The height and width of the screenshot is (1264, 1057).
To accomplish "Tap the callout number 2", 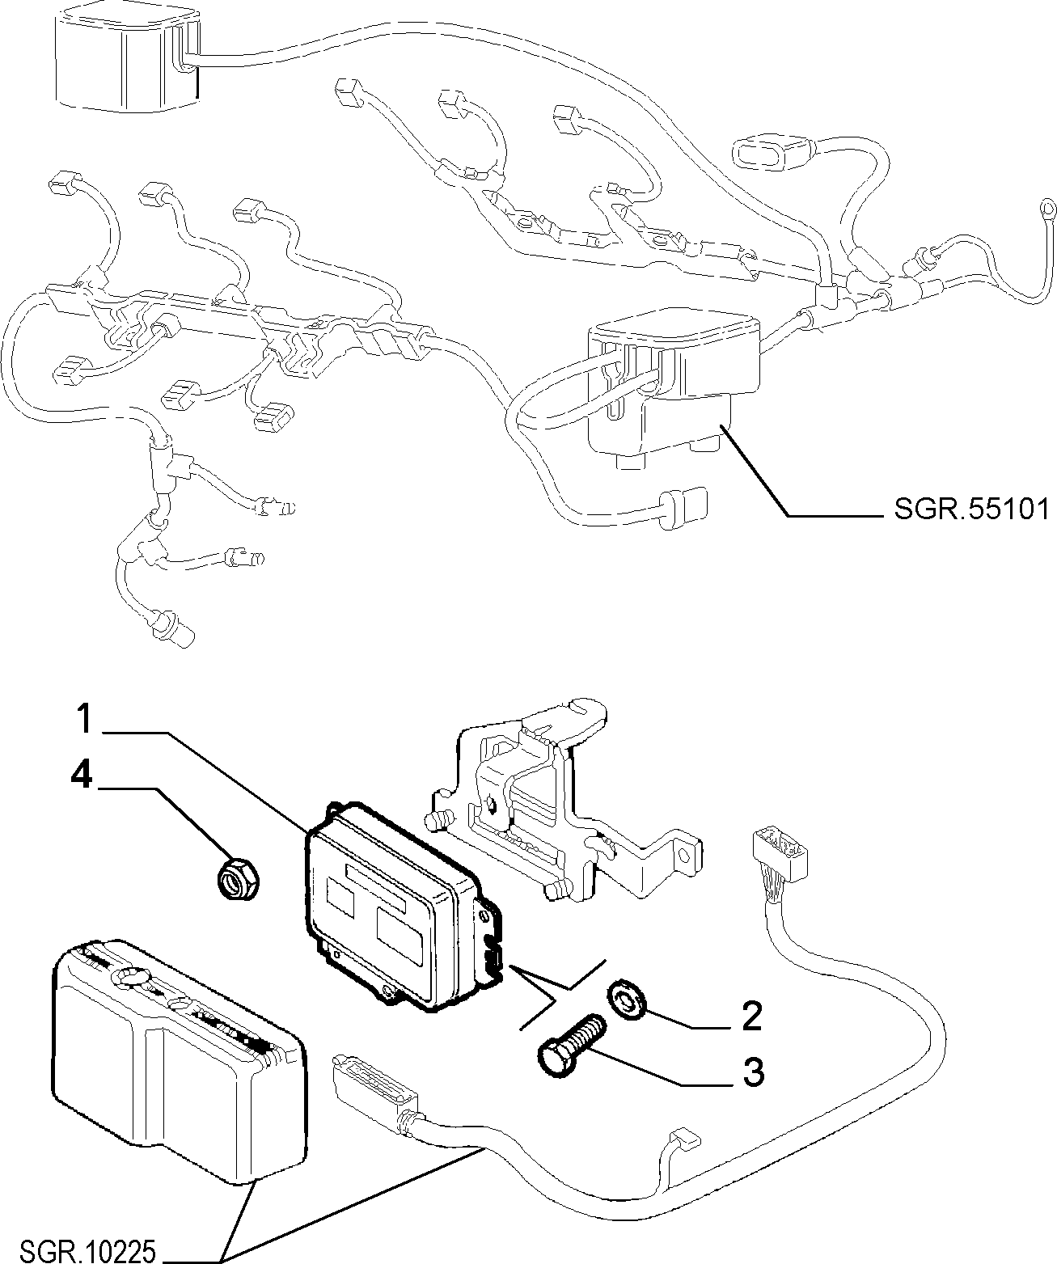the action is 751,1017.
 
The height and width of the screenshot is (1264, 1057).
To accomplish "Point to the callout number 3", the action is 753,1072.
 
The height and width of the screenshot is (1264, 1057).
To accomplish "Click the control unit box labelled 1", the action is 402,907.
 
